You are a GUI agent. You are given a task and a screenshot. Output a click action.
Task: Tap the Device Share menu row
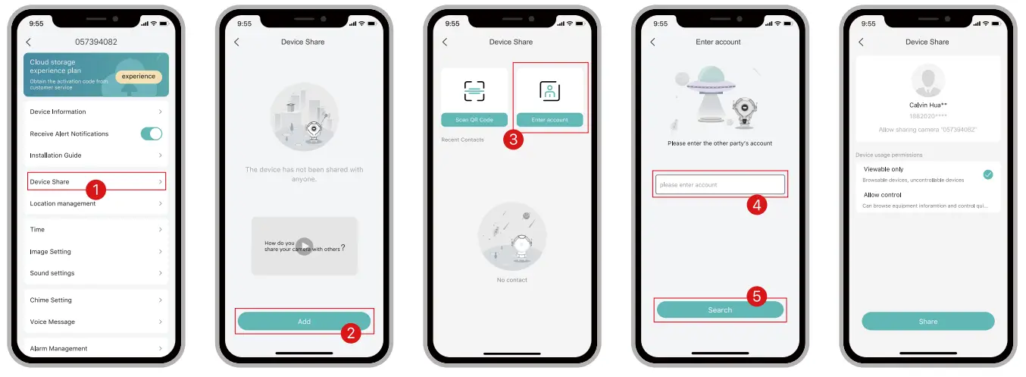click(95, 181)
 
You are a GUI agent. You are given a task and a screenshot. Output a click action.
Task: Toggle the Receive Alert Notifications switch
click(152, 134)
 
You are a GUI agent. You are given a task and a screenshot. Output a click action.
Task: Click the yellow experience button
click(139, 77)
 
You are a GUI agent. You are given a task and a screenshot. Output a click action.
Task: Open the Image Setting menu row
click(95, 251)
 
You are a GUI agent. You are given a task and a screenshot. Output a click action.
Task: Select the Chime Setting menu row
click(95, 300)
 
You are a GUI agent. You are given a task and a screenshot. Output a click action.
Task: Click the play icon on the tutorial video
click(304, 247)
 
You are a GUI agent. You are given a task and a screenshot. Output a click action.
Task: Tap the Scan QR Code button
click(474, 120)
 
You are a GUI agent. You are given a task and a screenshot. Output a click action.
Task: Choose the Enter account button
click(549, 120)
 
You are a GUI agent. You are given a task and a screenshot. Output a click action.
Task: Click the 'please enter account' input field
click(720, 184)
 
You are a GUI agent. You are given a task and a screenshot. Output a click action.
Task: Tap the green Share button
click(927, 322)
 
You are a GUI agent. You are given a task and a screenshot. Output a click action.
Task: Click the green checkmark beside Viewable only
click(987, 174)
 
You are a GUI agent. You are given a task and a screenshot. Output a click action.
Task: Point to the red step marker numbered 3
click(513, 140)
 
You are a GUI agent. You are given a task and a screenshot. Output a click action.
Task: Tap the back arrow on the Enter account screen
click(652, 42)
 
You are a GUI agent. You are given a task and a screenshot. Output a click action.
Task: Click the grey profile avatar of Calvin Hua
click(927, 80)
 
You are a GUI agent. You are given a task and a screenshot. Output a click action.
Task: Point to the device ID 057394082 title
click(95, 42)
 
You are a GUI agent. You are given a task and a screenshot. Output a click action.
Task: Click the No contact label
click(511, 280)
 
